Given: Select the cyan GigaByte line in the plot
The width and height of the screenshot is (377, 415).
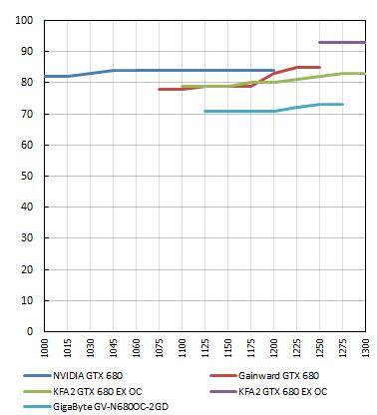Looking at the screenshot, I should coord(239,111).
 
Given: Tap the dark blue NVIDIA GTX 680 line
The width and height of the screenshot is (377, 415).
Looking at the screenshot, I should coord(150,70).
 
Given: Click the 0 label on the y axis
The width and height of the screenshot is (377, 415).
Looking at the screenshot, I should coord(30,331).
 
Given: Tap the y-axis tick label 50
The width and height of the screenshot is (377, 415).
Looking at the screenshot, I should coord(27,177).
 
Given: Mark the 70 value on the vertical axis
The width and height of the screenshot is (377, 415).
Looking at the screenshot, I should coord(27,114).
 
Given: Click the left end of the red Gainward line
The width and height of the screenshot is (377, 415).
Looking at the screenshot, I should coord(160,89).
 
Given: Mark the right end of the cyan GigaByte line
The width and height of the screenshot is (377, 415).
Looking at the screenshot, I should coord(342,104).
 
